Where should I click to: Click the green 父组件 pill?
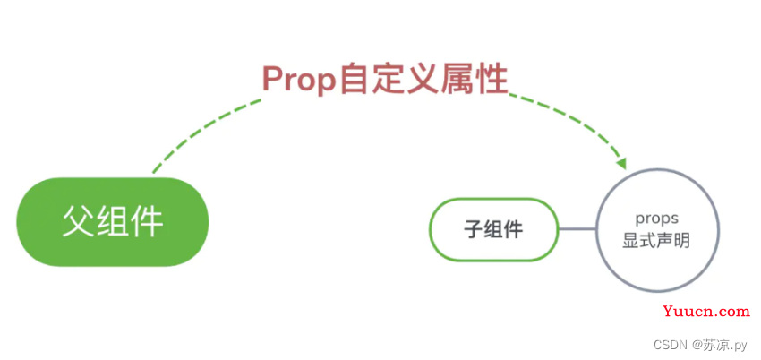click(113, 222)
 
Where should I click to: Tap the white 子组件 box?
click(494, 229)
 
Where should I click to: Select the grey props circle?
click(657, 230)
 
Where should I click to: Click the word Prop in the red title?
click(298, 79)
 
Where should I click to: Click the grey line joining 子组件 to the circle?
click(577, 229)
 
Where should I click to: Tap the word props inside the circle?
click(656, 219)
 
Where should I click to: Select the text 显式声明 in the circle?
click(656, 241)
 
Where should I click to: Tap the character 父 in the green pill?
click(79, 222)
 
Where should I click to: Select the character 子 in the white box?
click(474, 229)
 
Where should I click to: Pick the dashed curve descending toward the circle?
click(568, 123)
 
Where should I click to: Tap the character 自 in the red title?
click(354, 79)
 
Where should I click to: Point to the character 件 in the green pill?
click(147, 222)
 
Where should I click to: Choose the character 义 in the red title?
click(423, 79)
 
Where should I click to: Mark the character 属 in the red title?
click(457, 79)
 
